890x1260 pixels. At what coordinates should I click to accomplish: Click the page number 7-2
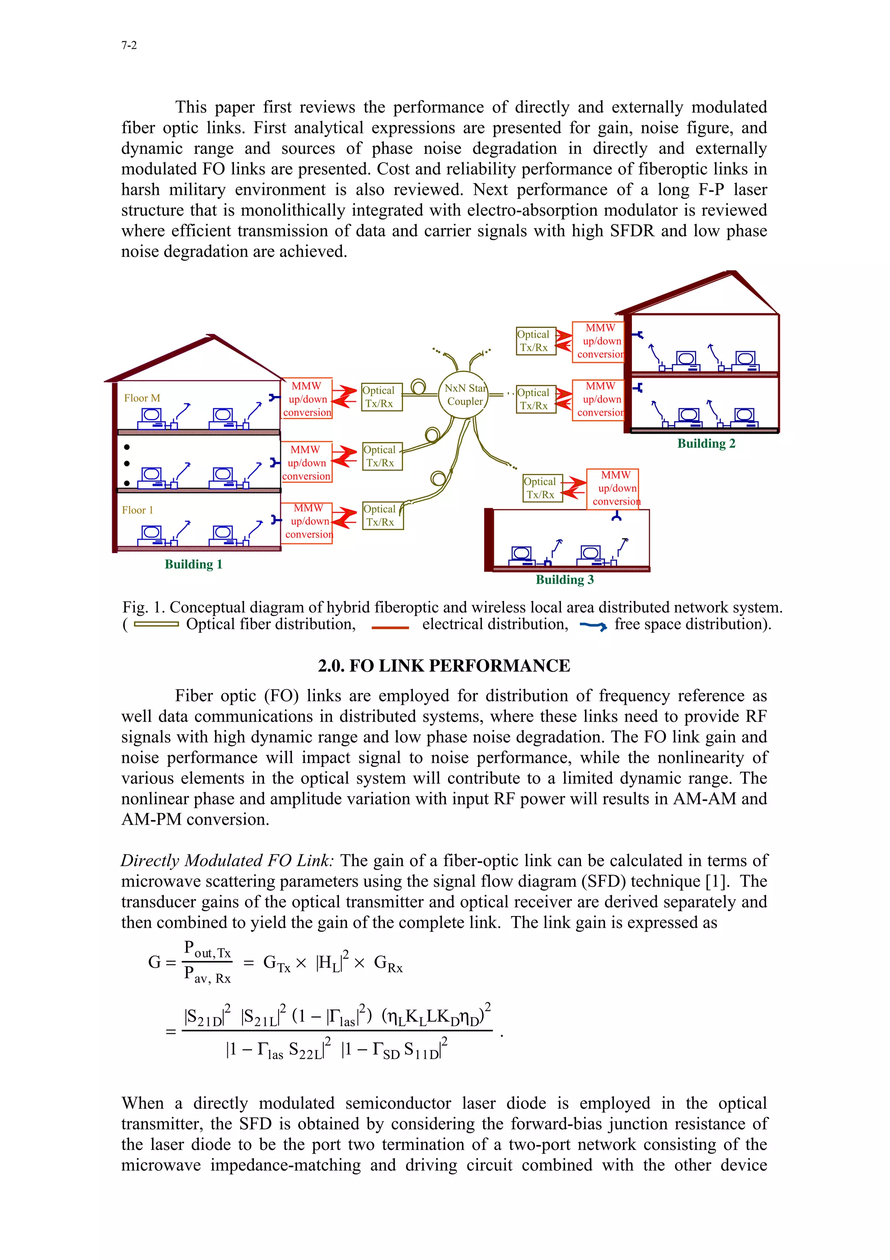[129, 46]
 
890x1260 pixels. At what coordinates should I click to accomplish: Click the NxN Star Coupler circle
[464, 395]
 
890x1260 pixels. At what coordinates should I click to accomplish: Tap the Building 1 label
[193, 564]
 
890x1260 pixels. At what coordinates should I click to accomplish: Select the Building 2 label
[706, 443]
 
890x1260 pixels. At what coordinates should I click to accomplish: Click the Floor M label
[142, 398]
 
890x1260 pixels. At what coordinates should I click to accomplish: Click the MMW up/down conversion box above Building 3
[614, 488]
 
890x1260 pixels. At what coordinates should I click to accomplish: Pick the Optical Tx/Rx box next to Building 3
[542, 488]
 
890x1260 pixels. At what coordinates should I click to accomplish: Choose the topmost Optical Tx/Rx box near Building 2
[536, 341]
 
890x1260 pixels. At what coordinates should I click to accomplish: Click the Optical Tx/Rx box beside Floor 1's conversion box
[382, 515]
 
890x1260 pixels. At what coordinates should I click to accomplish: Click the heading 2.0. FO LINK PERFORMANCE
[444, 666]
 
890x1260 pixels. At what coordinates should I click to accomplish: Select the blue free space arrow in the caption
[593, 626]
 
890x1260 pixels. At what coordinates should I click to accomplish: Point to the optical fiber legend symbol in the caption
[156, 624]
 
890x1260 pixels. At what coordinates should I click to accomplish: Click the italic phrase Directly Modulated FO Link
[226, 860]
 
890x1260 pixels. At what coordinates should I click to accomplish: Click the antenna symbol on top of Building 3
[616, 517]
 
